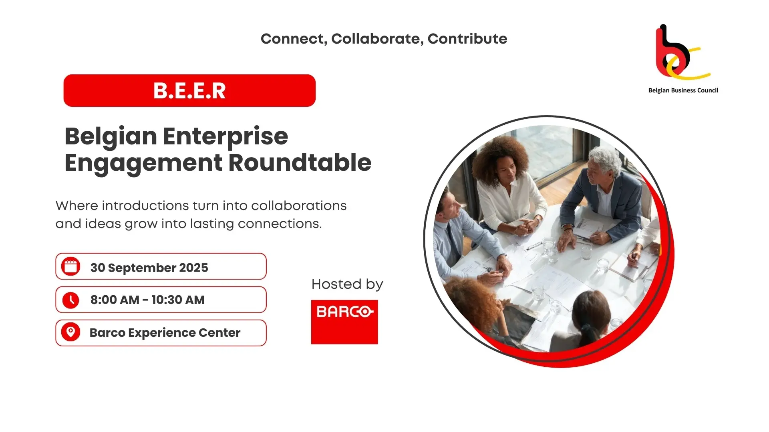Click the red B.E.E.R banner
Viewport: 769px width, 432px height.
click(189, 90)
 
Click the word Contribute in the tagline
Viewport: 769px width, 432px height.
click(467, 39)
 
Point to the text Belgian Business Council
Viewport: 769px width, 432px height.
click(683, 90)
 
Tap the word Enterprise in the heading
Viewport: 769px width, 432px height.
click(225, 137)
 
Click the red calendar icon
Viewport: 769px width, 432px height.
click(71, 266)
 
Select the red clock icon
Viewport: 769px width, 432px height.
click(71, 300)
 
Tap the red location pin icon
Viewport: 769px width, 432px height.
click(71, 332)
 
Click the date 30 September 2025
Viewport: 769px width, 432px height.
click(149, 268)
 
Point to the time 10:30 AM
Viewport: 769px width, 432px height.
click(178, 300)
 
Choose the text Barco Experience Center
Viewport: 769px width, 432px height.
click(165, 333)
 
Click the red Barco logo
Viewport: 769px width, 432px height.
click(344, 322)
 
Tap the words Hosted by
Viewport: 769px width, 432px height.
click(347, 284)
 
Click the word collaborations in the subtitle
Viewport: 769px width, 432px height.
click(299, 206)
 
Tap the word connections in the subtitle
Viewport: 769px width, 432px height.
click(280, 224)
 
